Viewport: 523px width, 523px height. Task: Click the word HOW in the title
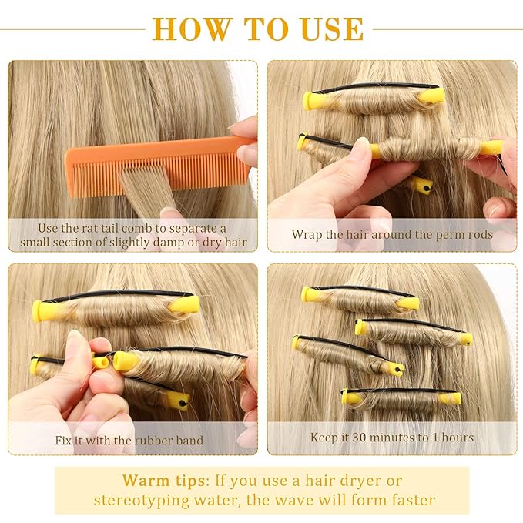[x=193, y=28]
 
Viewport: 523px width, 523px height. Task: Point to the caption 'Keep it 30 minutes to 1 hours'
[x=391, y=438]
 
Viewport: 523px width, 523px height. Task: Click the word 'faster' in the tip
[x=407, y=499]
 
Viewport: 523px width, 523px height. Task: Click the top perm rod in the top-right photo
[x=374, y=96]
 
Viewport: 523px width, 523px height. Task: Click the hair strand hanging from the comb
[x=146, y=189]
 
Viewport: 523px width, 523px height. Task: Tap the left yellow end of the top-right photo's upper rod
[x=313, y=100]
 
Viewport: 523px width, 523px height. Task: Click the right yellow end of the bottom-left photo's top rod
[x=185, y=304]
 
